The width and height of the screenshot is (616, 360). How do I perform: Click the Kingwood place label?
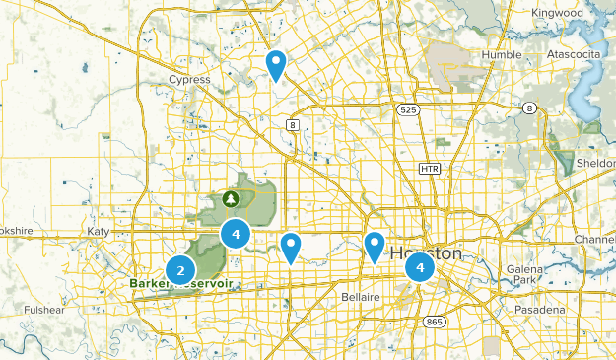(x=556, y=13)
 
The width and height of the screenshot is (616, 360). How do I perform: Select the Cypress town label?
(x=189, y=80)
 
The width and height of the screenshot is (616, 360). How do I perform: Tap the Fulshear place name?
(x=44, y=310)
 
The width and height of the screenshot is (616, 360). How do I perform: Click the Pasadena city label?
(x=536, y=310)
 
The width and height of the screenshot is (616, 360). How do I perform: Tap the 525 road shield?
(x=408, y=110)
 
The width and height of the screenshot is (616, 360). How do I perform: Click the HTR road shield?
(x=428, y=169)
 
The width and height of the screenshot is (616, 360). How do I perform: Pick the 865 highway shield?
(x=434, y=322)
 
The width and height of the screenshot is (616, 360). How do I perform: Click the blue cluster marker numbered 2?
(x=180, y=269)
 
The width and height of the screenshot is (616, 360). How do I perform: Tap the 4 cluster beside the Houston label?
(x=421, y=266)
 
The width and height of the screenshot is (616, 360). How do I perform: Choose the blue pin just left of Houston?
(x=375, y=247)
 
